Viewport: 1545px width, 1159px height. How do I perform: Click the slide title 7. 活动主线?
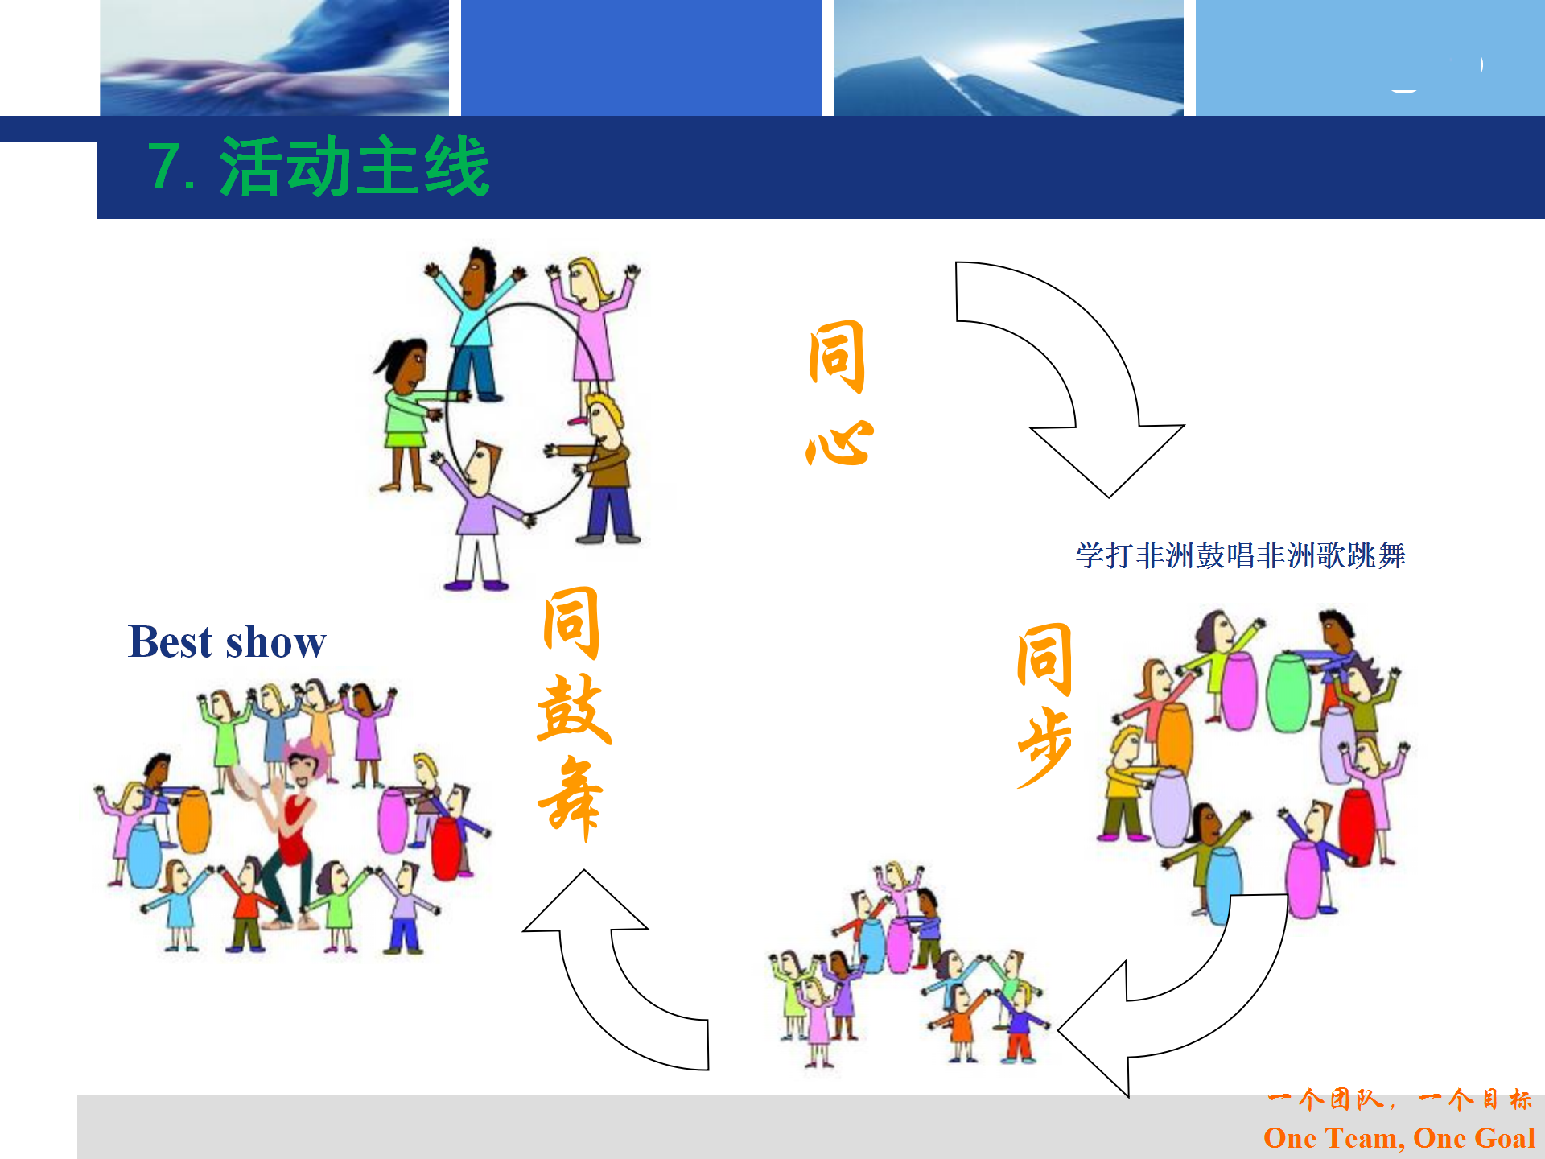318,167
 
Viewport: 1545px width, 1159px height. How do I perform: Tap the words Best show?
227,642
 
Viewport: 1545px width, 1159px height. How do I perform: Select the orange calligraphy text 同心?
838,393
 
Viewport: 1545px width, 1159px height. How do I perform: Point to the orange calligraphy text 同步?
1044,705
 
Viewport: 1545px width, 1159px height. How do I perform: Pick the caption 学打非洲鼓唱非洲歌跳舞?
1240,555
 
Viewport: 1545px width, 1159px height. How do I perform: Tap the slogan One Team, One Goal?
1399,1138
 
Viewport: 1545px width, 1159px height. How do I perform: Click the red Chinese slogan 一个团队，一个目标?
1399,1099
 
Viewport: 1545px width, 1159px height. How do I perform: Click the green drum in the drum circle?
1288,693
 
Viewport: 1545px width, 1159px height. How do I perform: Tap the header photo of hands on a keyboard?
274,57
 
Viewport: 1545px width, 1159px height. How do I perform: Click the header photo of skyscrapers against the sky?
1009,57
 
